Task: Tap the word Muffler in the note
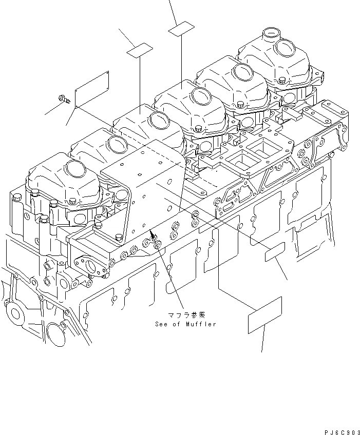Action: point(201,324)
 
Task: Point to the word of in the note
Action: point(177,324)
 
